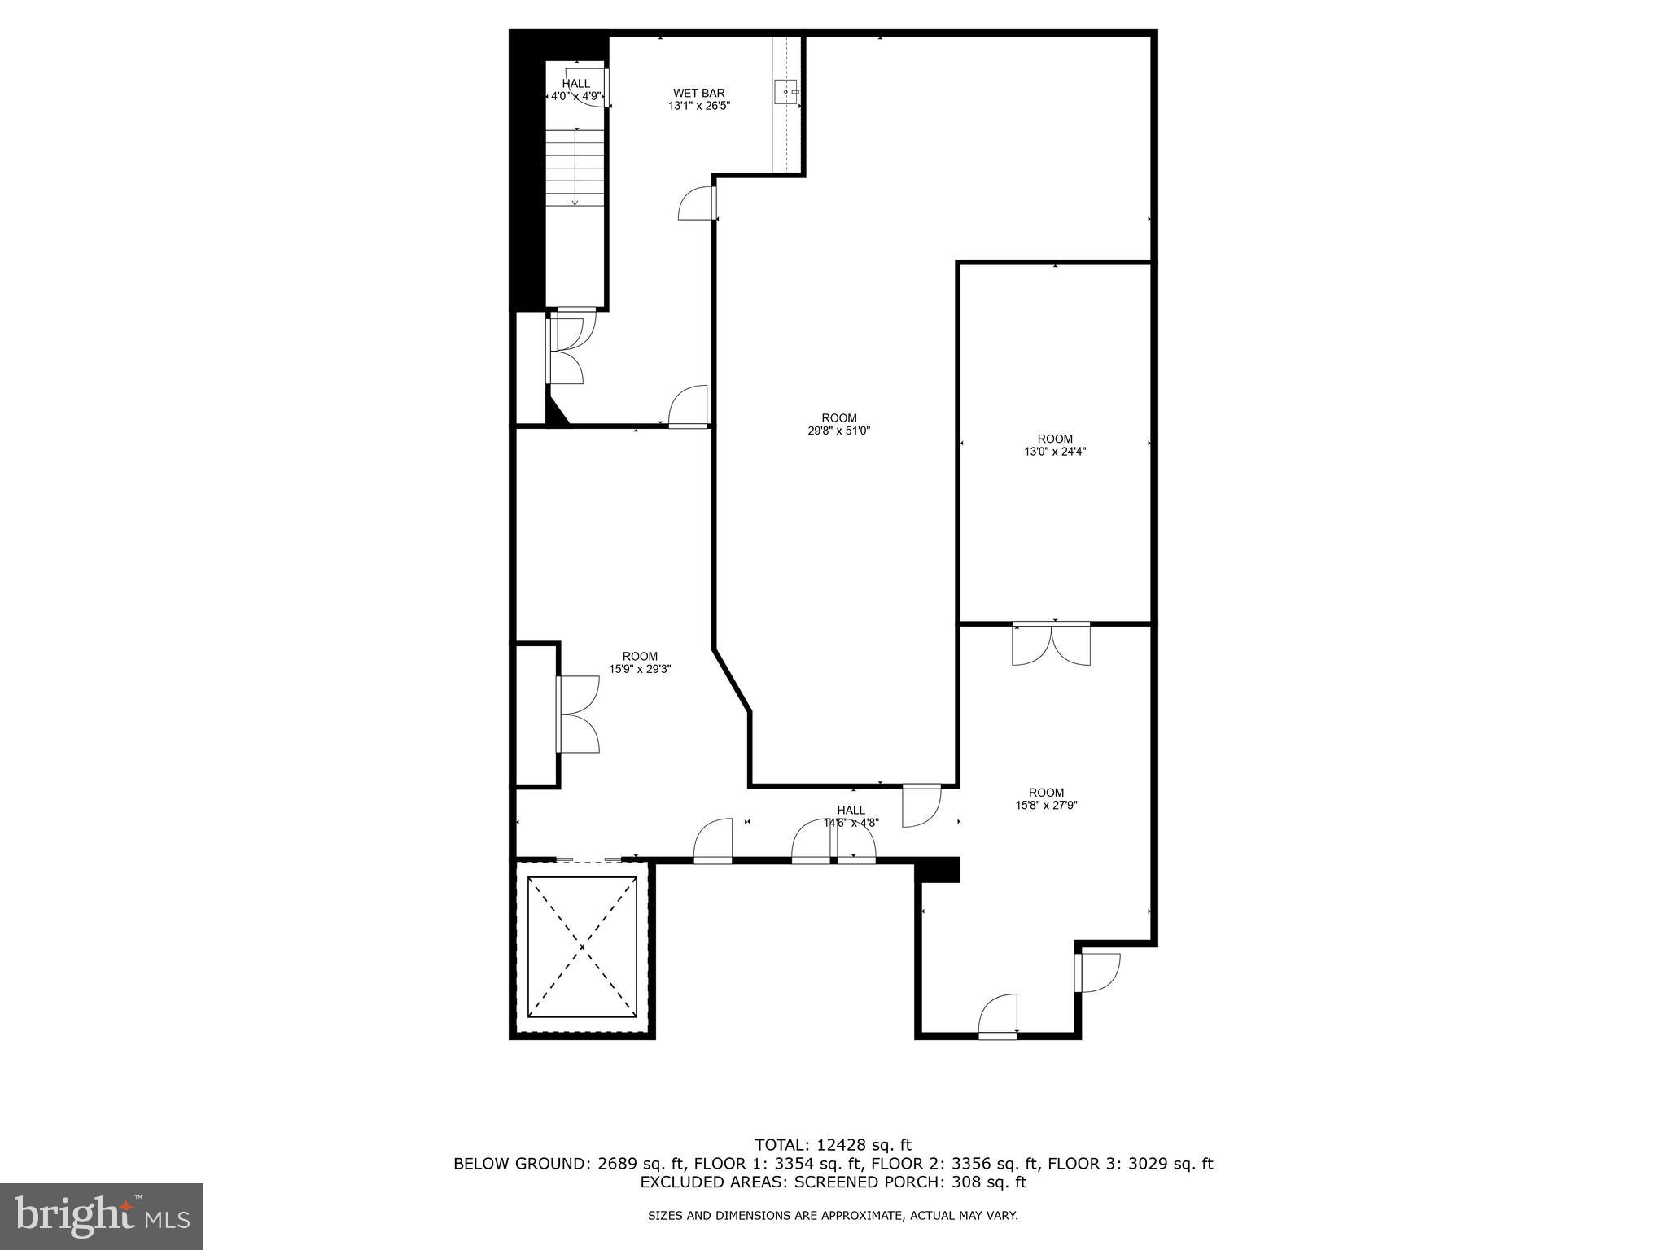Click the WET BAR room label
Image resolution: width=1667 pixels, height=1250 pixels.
point(698,94)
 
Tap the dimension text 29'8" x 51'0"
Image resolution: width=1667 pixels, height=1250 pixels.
point(838,431)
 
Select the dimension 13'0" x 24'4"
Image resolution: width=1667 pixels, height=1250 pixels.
point(1055,452)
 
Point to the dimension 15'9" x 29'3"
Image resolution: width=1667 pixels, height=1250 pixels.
point(640,670)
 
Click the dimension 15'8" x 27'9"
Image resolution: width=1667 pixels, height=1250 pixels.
point(1046,806)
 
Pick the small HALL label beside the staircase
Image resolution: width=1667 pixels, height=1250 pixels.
point(576,84)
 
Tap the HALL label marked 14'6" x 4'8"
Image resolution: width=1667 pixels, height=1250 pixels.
point(851,811)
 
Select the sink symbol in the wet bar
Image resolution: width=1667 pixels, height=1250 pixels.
point(787,92)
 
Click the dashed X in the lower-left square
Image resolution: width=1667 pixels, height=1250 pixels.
point(582,946)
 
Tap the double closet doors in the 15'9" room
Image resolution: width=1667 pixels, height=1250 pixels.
point(578,714)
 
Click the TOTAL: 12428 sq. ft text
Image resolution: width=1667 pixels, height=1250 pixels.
point(833,1145)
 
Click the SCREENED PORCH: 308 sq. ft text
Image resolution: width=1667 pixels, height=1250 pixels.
point(910,1182)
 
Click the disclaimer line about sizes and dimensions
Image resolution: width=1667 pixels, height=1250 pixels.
point(833,1216)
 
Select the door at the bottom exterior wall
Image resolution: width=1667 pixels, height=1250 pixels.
point(998,1016)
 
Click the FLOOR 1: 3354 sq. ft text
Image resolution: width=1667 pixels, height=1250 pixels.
point(777,1164)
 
